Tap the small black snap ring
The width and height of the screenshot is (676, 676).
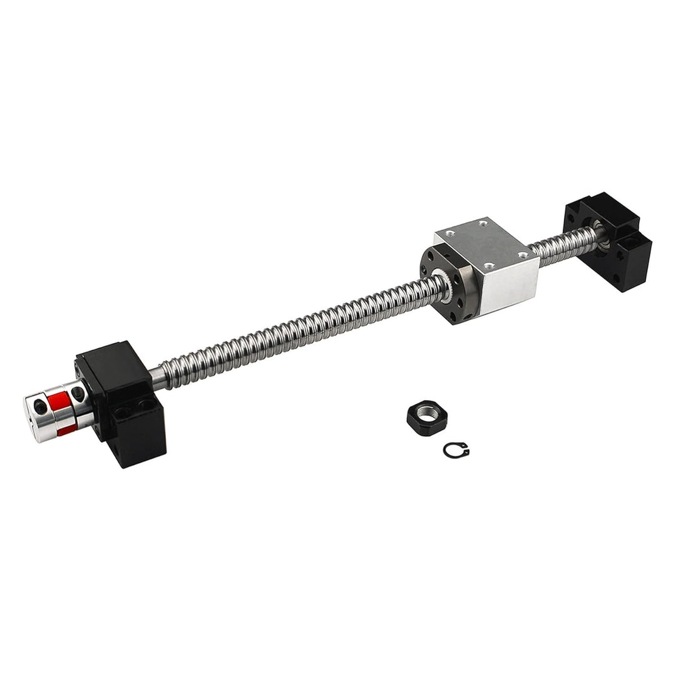pos(456,449)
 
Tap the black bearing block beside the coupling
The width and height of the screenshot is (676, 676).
pos(125,401)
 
